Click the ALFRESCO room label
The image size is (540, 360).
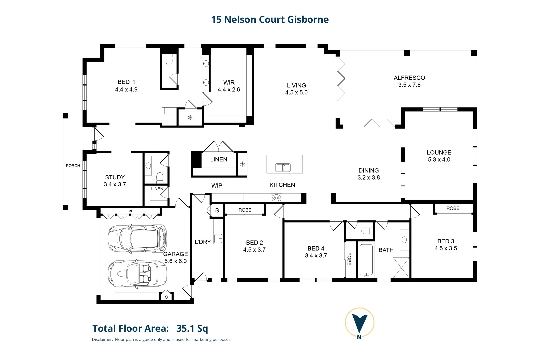409,78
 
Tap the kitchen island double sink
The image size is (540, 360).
283,167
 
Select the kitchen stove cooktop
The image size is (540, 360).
276,198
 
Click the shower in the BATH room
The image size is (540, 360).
401,268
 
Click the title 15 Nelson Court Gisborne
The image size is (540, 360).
270,20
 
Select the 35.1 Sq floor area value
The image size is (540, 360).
192,329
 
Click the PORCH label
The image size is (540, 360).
73,166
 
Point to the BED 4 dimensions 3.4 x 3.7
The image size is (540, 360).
316,256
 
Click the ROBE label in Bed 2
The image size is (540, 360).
245,210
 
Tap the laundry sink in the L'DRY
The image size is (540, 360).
218,239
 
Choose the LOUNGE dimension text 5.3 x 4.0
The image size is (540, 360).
439,160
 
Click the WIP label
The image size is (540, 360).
217,186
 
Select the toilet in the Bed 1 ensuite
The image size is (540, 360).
169,60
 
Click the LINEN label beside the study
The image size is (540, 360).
157,189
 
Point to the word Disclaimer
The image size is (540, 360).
102,340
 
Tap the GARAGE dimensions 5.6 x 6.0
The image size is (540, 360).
175,261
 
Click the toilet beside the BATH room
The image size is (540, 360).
367,231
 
